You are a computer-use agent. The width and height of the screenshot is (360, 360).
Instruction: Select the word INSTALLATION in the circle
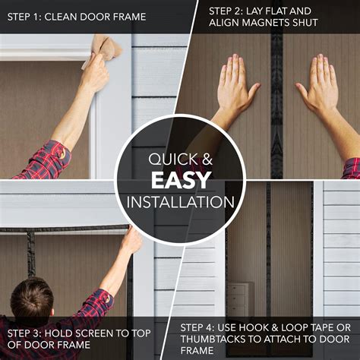point(180,203)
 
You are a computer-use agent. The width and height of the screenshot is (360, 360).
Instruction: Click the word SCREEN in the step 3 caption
point(93,333)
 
